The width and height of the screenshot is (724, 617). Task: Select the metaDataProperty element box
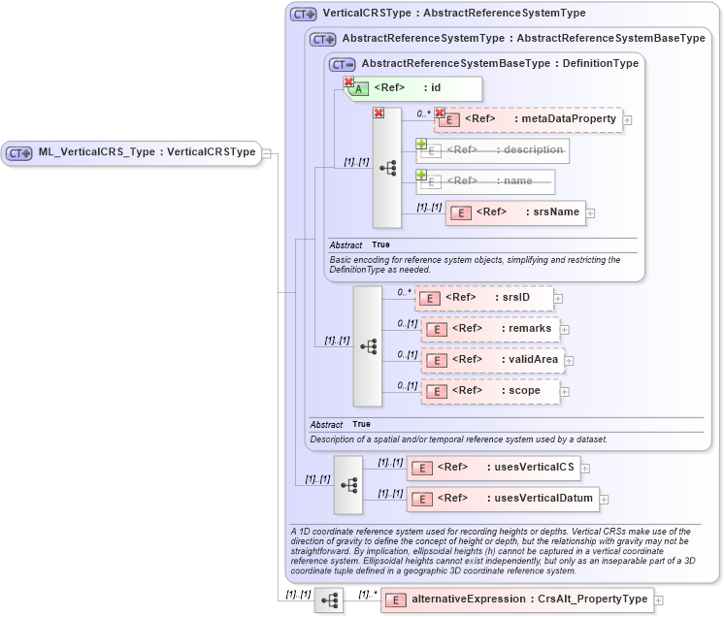[x=528, y=119]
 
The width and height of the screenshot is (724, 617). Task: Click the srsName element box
[x=515, y=212]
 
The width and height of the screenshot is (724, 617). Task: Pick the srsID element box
[x=483, y=298]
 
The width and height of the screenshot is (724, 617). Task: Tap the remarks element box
[x=490, y=329]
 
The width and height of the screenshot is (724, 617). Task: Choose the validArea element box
[x=493, y=360]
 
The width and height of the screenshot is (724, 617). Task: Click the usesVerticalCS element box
[x=492, y=468]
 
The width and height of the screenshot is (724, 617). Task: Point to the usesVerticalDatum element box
[x=502, y=499]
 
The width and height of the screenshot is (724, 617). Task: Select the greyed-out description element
[x=493, y=150]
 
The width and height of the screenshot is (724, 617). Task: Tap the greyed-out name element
[x=486, y=181]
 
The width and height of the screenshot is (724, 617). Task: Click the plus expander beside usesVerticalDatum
[x=605, y=500]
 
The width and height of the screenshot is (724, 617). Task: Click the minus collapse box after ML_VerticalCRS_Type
[x=267, y=152]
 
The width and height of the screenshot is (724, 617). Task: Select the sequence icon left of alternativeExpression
[x=329, y=601]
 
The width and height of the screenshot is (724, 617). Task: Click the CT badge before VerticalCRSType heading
[x=304, y=15]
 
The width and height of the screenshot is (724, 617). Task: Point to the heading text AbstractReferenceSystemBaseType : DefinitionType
[x=500, y=63]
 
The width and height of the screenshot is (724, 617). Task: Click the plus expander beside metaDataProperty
[x=628, y=120]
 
